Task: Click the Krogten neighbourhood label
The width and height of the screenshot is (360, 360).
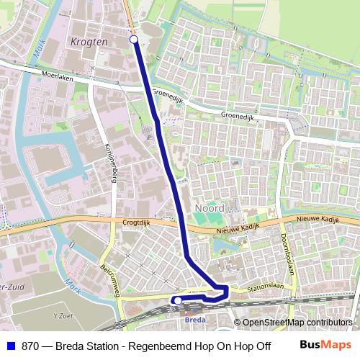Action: click(x=90, y=42)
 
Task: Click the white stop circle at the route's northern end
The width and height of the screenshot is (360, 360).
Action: click(x=134, y=40)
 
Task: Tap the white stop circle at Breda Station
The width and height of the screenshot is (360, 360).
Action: click(x=177, y=300)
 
